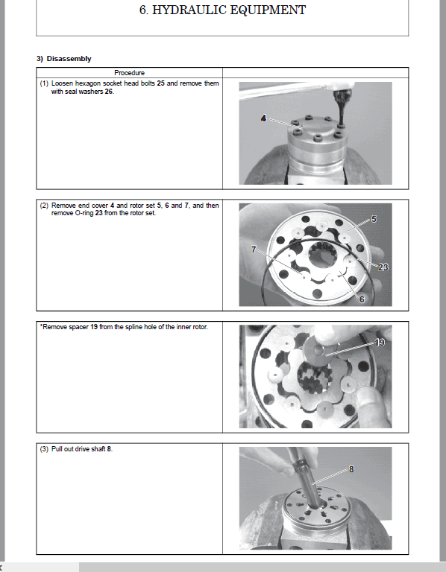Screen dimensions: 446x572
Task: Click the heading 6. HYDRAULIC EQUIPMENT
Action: coord(222,10)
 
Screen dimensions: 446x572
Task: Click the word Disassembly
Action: coord(69,59)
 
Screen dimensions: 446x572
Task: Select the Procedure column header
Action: coord(129,72)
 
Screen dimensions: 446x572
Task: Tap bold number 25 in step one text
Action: coord(160,83)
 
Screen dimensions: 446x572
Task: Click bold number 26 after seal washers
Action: coord(109,92)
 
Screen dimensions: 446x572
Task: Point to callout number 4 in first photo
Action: coord(264,118)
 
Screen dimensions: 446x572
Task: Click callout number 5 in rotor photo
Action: coord(374,219)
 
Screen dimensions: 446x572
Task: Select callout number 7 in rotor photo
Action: coord(254,250)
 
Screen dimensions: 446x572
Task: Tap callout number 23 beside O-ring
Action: coord(383,267)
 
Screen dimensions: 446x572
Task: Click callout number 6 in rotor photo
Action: coord(362,299)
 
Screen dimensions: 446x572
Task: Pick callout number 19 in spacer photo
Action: coord(380,343)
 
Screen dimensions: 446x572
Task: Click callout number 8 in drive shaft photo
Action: coord(351,469)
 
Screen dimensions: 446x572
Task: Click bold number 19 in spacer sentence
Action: coord(94,327)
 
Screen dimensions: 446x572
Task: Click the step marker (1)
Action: coord(44,83)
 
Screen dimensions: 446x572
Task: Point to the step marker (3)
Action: coord(44,449)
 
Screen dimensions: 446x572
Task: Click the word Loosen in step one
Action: coord(62,83)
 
